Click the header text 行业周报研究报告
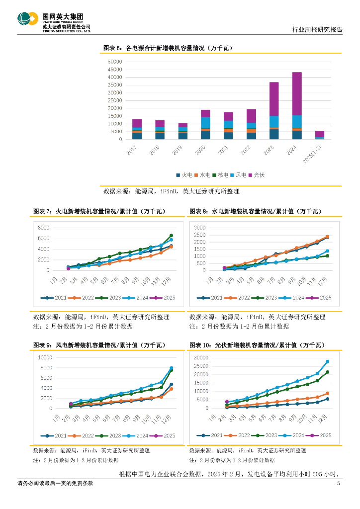pos(317,30)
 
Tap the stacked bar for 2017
pos(137,129)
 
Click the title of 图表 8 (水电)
pos(256,211)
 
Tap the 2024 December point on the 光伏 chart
pos(328,362)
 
